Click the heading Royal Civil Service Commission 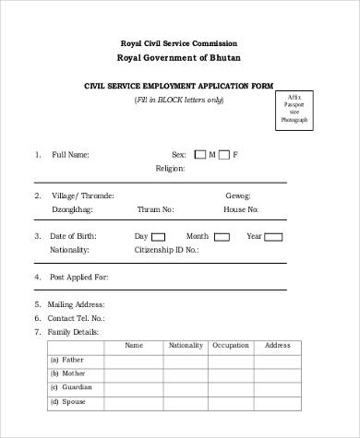179,43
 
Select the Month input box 222,237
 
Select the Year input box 274,237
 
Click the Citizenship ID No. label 167,250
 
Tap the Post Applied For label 79,277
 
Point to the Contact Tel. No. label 76,318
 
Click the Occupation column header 231,346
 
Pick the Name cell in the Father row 134,361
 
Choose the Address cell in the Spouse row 278,403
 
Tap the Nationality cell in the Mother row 185,374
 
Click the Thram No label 155,209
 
